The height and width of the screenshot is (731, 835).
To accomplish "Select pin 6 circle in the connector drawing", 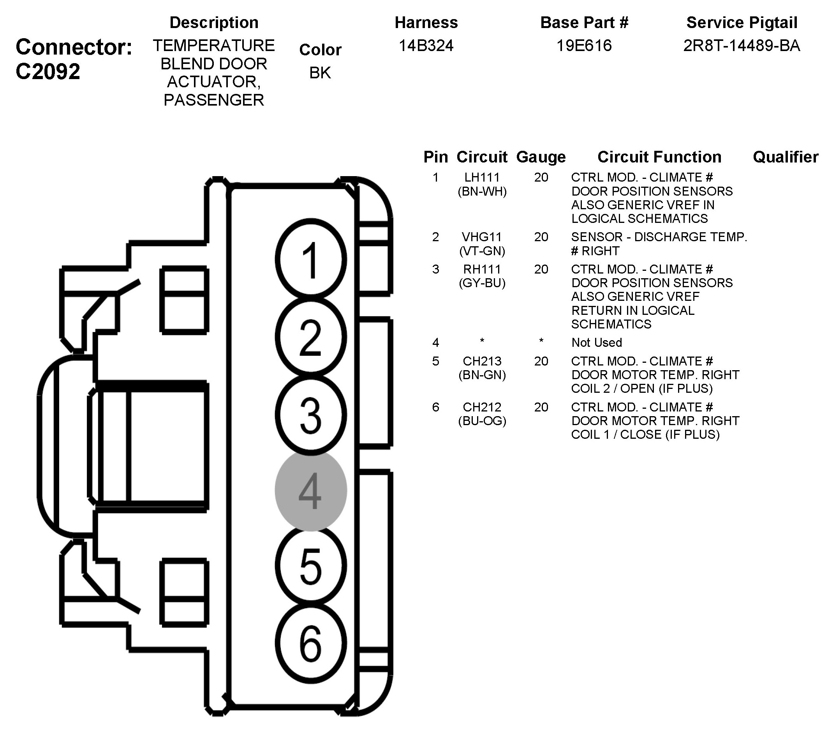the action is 311,644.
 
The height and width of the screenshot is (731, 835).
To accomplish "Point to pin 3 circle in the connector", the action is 311,415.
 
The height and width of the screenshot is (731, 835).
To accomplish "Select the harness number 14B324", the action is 426,46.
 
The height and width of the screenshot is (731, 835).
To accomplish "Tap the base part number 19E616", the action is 584,46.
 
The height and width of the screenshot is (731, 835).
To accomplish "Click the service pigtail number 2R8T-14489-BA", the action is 742,46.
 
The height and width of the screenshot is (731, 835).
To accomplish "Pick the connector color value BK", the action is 320,73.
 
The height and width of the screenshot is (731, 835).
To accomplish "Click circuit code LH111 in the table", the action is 482,177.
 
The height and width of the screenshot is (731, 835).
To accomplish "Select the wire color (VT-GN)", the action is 482,251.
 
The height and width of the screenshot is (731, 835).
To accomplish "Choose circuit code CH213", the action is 482,361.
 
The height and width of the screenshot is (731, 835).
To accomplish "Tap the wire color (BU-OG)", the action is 482,420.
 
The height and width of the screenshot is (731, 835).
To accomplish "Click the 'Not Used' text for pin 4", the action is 597,343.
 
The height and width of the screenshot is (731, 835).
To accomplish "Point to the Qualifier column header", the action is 785,157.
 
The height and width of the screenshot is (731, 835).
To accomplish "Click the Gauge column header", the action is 541,157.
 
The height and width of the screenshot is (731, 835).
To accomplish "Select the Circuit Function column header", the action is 659,157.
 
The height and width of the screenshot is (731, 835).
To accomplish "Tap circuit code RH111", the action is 482,269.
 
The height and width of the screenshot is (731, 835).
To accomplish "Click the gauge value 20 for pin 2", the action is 541,237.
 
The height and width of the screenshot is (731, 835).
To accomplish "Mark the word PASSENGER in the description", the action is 214,100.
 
